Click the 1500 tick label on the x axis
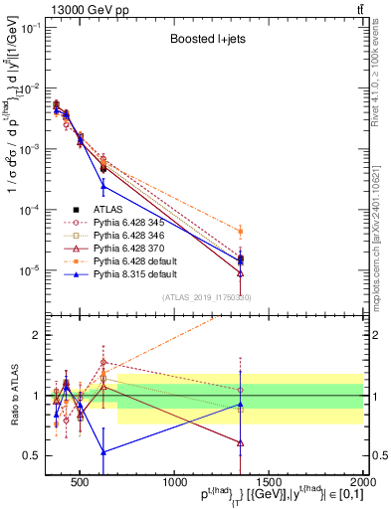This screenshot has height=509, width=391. click(x=269, y=481)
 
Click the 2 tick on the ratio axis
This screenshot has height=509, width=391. click(x=39, y=335)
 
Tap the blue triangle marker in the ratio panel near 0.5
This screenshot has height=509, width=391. click(x=103, y=451)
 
